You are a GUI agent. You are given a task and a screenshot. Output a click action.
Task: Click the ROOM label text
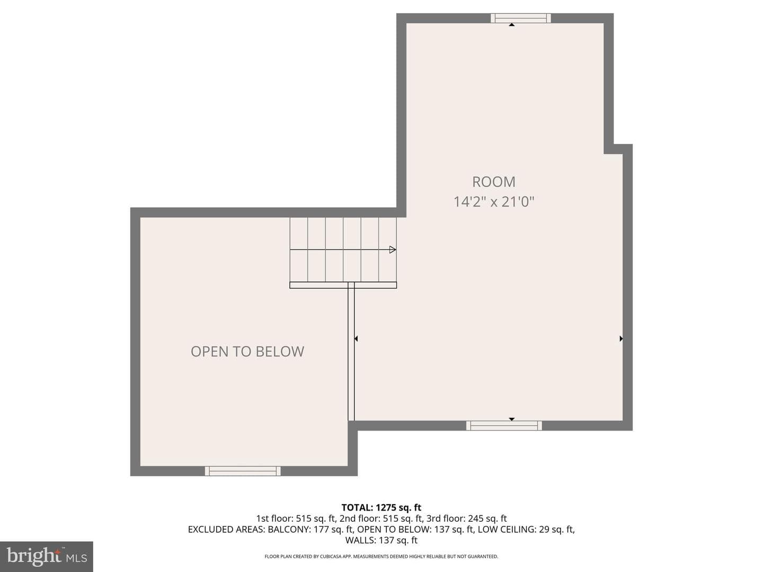(x=493, y=182)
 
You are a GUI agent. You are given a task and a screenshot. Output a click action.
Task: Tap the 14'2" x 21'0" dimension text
(x=494, y=201)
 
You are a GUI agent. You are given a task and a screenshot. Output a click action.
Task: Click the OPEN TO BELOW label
(x=247, y=352)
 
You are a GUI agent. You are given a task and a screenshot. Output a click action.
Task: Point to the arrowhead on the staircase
(x=393, y=249)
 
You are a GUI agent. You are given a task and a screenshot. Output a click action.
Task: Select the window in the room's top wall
(x=520, y=18)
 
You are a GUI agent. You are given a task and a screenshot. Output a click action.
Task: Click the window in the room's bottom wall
(x=504, y=425)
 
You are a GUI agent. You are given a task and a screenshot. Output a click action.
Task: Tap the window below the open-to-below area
(x=243, y=471)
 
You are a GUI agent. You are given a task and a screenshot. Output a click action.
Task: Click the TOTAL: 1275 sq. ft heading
(x=381, y=508)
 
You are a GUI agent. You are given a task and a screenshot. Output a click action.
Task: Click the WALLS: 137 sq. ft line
(x=381, y=540)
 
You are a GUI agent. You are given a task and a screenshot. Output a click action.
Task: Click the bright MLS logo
(x=47, y=556)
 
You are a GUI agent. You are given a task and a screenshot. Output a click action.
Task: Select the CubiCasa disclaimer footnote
(x=381, y=556)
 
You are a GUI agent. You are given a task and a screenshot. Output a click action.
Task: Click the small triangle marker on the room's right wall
(x=621, y=338)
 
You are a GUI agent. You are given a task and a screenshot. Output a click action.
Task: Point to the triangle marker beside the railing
(x=356, y=338)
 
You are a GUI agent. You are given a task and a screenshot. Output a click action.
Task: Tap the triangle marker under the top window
(x=512, y=25)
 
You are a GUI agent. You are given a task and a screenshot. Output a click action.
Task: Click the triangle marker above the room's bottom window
(x=512, y=419)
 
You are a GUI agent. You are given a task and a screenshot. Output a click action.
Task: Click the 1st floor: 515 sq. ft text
(x=296, y=519)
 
